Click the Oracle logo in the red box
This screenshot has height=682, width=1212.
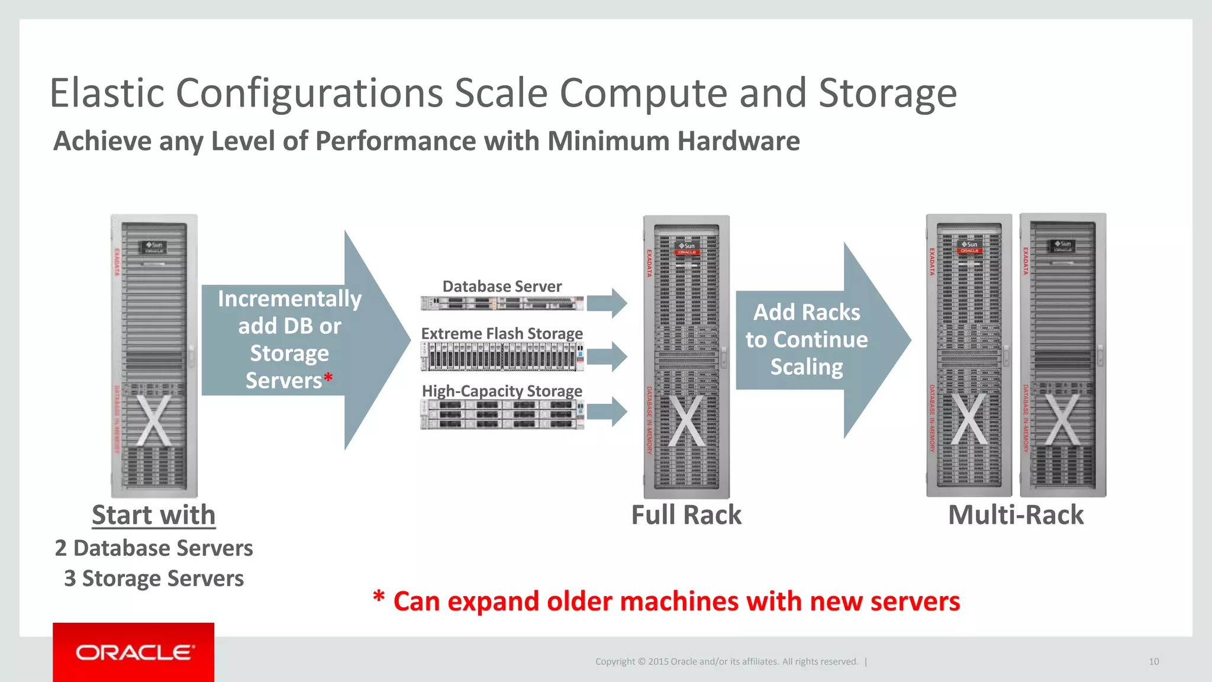tap(134, 652)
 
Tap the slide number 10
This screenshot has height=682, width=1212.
tap(1153, 662)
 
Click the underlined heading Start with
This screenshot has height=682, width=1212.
tap(153, 515)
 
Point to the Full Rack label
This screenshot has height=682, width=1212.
tap(686, 515)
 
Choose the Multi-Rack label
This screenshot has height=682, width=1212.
tap(1016, 515)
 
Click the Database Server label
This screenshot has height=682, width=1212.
tap(502, 287)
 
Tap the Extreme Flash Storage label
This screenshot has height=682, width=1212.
tap(502, 334)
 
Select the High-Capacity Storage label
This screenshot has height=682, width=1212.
tap(502, 391)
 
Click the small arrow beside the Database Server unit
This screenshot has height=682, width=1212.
tap(608, 303)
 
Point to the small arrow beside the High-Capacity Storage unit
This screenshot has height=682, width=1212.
tap(608, 411)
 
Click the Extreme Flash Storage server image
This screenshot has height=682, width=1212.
tap(502, 357)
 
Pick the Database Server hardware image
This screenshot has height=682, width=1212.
tap(502, 304)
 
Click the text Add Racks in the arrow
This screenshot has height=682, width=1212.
tap(807, 313)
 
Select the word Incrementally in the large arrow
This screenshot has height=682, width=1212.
tap(289, 299)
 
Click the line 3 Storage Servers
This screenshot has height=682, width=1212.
tap(154, 578)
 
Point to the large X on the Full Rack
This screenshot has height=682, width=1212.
tap(686, 421)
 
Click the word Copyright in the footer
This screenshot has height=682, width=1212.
tap(614, 662)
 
